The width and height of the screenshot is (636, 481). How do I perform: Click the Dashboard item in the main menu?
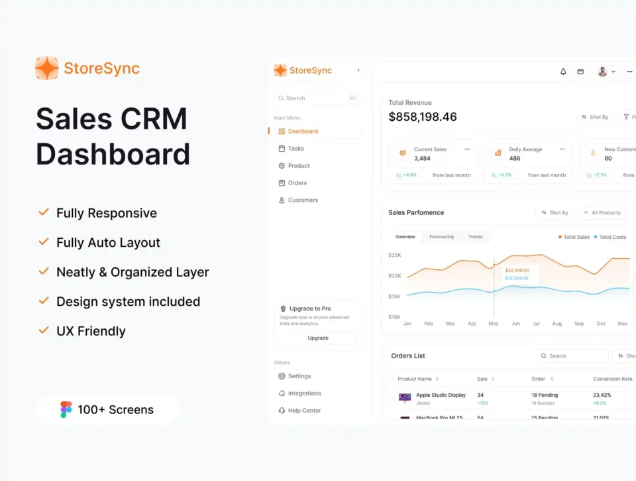(x=302, y=131)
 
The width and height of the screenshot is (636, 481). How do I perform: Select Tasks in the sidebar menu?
(x=295, y=149)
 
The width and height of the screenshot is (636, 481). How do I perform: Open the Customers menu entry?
(x=302, y=200)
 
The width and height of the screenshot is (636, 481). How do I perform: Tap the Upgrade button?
(x=318, y=338)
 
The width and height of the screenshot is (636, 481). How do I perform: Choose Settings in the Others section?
(x=299, y=376)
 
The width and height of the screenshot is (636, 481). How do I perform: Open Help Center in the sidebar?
(x=303, y=411)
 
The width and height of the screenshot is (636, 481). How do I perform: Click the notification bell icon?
(x=563, y=72)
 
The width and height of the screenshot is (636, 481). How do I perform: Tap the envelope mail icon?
(x=580, y=72)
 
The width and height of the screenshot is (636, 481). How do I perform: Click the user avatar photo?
(x=602, y=72)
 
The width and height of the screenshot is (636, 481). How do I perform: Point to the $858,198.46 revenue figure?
(x=423, y=117)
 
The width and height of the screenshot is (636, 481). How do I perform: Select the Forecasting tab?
(x=441, y=237)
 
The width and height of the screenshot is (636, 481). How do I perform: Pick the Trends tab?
(x=475, y=237)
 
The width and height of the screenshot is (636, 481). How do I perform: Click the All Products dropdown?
(x=602, y=213)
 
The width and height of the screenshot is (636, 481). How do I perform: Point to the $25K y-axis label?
(x=395, y=255)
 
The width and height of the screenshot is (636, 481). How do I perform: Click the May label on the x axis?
(x=494, y=324)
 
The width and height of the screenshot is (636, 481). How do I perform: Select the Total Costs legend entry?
(x=612, y=237)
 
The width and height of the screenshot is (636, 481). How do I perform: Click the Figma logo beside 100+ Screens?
(x=66, y=409)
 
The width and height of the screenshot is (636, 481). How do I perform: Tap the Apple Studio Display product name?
(x=441, y=395)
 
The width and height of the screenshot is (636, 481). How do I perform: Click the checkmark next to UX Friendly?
(x=44, y=330)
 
